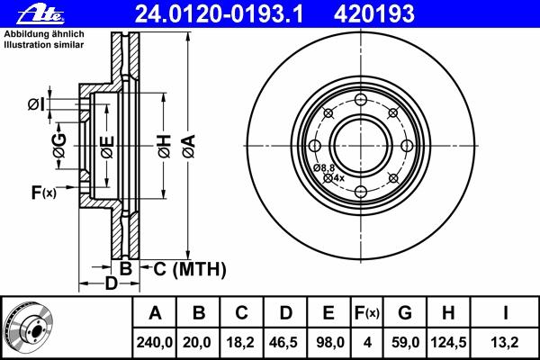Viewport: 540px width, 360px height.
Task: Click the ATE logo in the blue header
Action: pyautogui.click(x=40, y=15)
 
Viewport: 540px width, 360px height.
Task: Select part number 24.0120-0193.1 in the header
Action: pyautogui.click(x=219, y=14)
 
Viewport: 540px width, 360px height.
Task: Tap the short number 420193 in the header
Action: pyautogui.click(x=374, y=14)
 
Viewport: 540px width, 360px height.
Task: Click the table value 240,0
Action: pyautogui.click(x=154, y=342)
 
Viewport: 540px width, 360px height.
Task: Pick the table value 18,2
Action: pyautogui.click(x=241, y=342)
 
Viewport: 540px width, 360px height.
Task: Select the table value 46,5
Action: pyautogui.click(x=283, y=342)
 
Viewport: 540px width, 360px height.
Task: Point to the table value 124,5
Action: pyautogui.click(x=448, y=342)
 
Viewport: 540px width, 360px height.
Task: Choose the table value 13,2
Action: pyautogui.click(x=505, y=342)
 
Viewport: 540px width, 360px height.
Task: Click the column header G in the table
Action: pyautogui.click(x=405, y=313)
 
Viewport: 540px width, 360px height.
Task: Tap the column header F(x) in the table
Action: pyautogui.click(x=367, y=313)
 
